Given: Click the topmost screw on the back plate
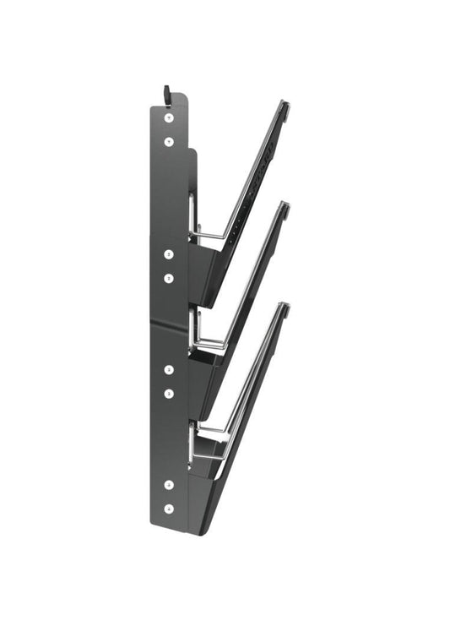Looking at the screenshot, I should [x=169, y=117].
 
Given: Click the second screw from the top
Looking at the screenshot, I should [x=169, y=142].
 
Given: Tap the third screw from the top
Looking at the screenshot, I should [x=169, y=254].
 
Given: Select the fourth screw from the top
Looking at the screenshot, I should [x=169, y=278].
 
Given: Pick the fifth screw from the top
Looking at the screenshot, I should [x=169, y=369].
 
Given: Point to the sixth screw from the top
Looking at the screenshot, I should [x=169, y=393].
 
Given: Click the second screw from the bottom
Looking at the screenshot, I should [x=169, y=485].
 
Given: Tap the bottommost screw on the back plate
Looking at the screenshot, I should [x=169, y=509].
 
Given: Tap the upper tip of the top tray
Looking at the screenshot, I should [x=285, y=106].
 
